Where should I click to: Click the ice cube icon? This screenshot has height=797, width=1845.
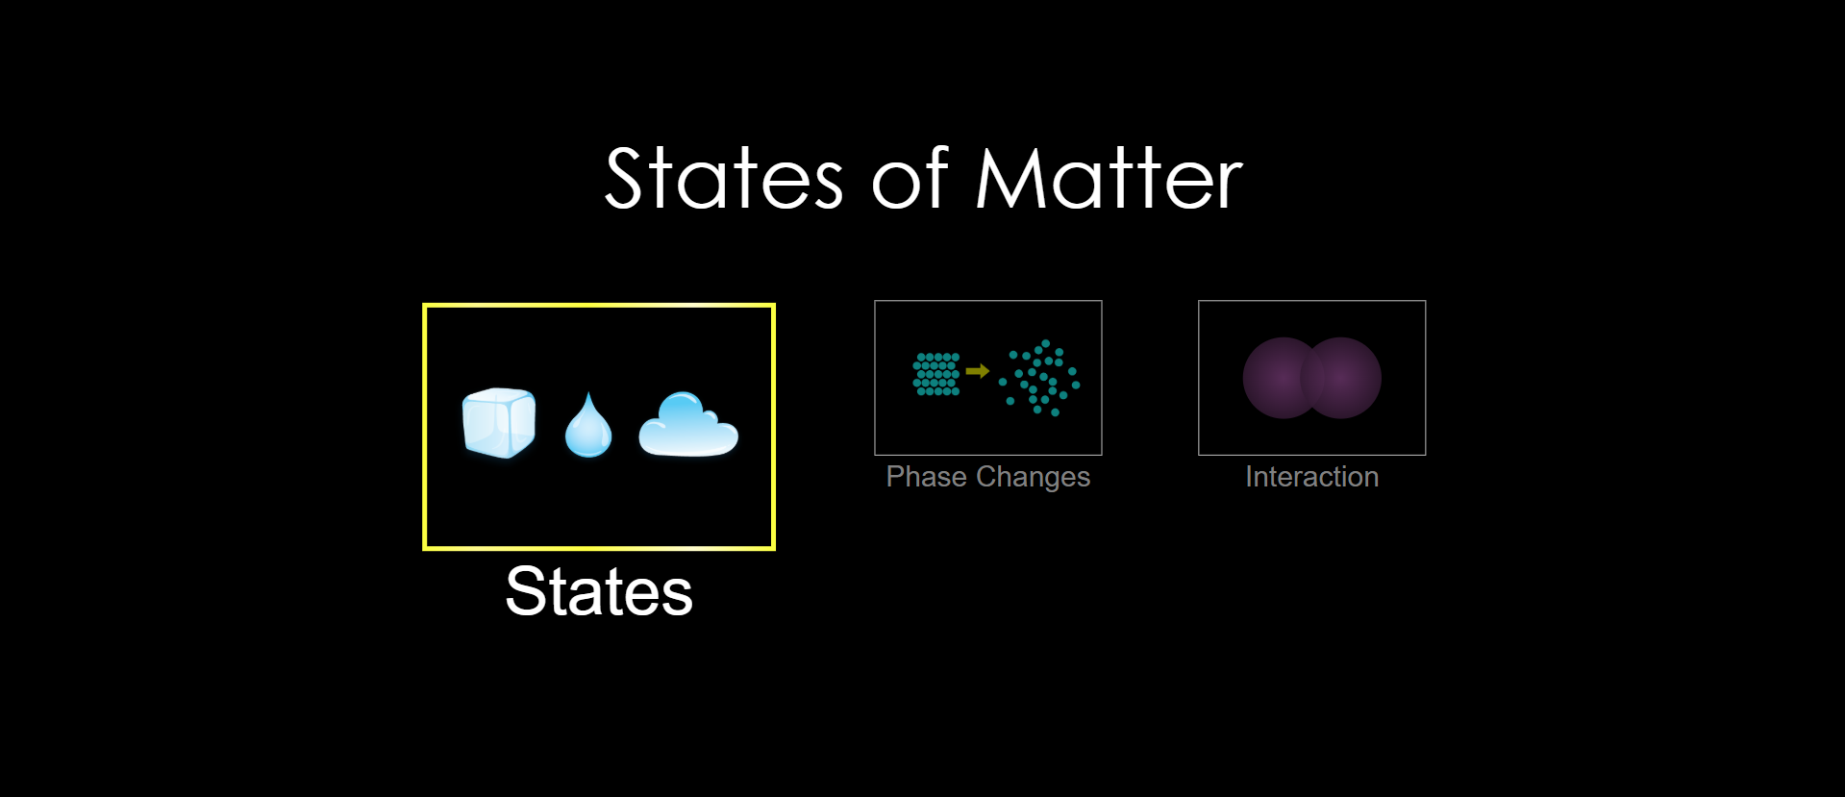click(499, 423)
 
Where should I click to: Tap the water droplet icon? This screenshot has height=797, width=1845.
click(588, 425)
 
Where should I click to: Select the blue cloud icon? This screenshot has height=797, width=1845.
click(688, 424)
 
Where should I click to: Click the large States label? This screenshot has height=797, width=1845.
click(599, 591)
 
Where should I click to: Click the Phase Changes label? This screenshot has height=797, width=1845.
click(988, 477)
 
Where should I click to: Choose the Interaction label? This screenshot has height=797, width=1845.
click(1312, 477)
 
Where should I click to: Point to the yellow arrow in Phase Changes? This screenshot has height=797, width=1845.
click(978, 371)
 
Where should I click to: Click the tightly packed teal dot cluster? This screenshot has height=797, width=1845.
click(936, 374)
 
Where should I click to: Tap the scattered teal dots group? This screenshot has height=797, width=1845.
click(1039, 378)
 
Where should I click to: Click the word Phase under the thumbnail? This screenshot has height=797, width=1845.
click(927, 477)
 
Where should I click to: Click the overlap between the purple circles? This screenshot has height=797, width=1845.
click(1312, 378)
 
